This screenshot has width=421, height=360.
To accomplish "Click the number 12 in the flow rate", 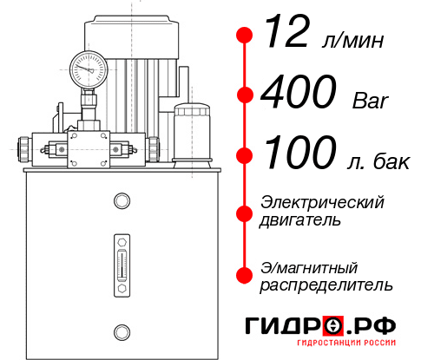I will pyautogui.click(x=287, y=35).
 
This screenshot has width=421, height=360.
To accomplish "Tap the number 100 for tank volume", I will pyautogui.click(x=299, y=154).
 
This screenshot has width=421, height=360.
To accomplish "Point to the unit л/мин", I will pyautogui.click(x=351, y=40).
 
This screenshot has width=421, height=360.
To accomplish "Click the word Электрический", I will pyautogui.click(x=322, y=202).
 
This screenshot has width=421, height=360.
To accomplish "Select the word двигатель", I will pyautogui.click(x=301, y=220).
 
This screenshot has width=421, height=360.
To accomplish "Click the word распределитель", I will pyautogui.click(x=326, y=285).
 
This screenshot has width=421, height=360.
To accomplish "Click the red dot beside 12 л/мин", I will pyautogui.click(x=245, y=36).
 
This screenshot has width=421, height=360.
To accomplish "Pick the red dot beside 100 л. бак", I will pyautogui.click(x=245, y=155).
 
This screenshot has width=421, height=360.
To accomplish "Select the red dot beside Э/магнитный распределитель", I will pyautogui.click(x=245, y=275).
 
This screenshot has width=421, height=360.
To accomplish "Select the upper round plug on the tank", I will pyautogui.click(x=121, y=202).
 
